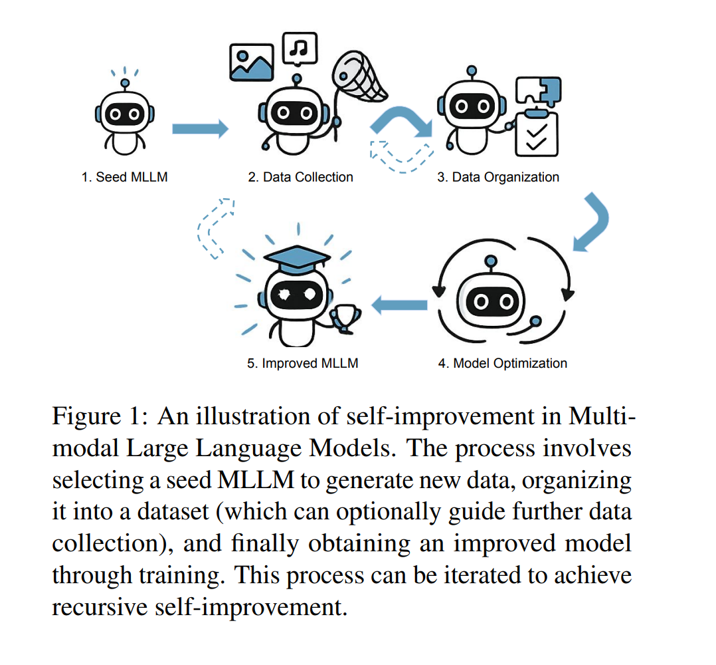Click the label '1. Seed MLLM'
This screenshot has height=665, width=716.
[124, 178]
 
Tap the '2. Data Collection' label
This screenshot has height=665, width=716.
[300, 178]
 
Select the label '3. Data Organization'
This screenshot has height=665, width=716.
[498, 178]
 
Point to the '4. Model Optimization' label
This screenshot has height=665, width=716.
[502, 364]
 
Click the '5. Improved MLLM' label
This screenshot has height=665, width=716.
[303, 364]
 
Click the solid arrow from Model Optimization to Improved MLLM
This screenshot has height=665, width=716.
[399, 305]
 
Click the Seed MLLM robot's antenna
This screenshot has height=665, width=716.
[124, 83]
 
